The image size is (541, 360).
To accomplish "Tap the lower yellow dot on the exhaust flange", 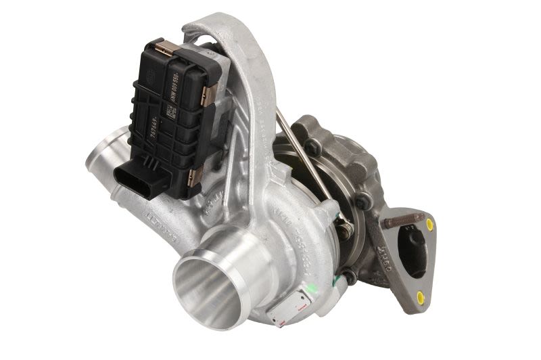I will coord(421,296).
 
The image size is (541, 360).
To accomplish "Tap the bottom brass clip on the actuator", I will coord(195,177).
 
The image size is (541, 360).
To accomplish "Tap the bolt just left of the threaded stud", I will coord(364,200).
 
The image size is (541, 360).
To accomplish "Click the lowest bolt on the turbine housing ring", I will coord(349,276).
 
